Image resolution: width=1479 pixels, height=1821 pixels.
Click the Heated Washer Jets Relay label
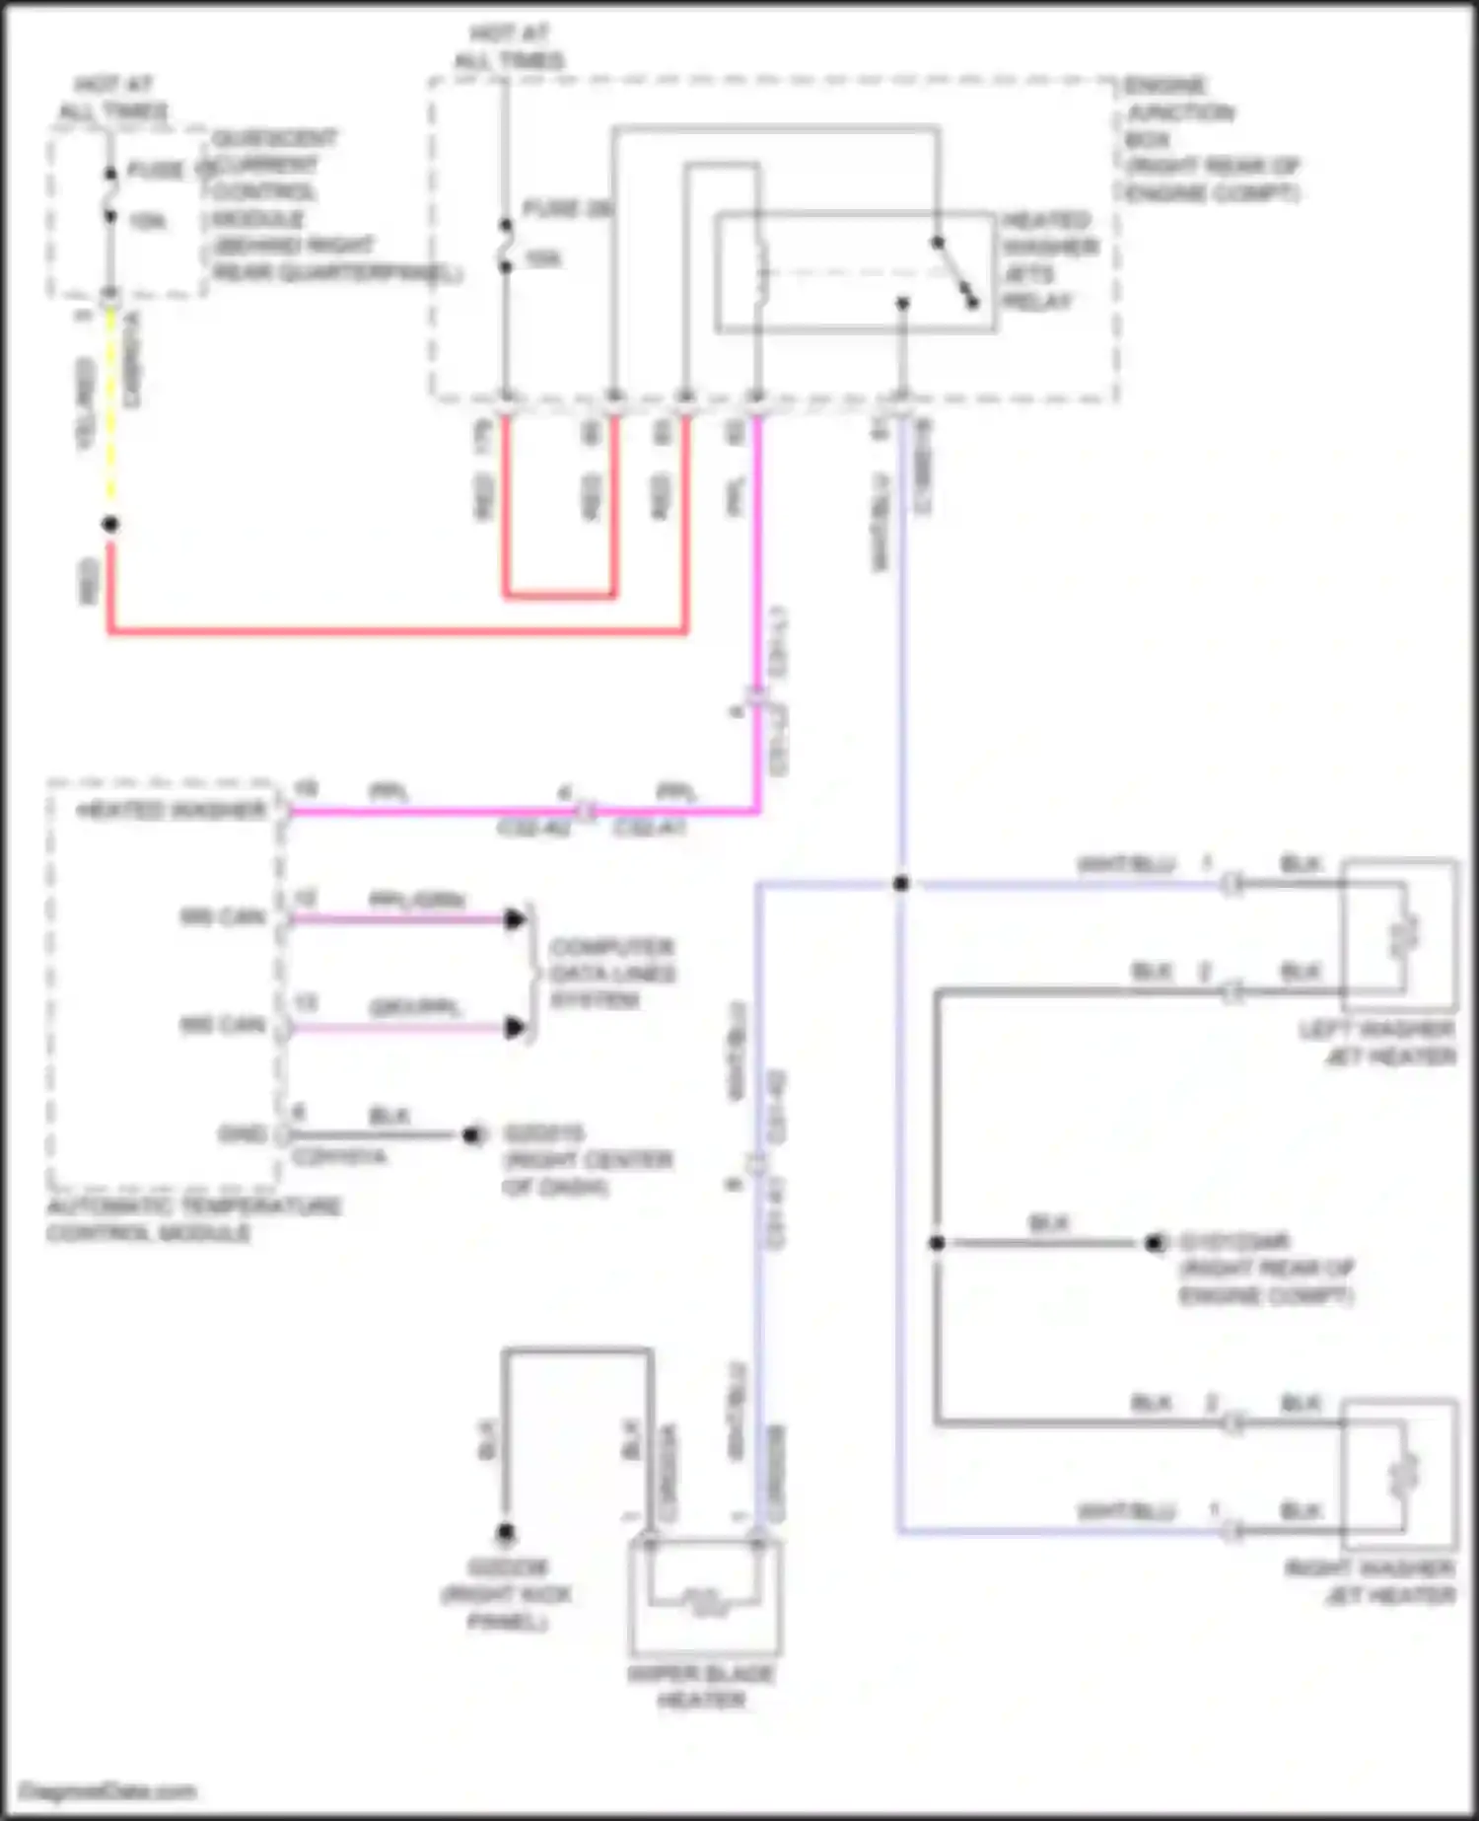pyautogui.click(x=1047, y=260)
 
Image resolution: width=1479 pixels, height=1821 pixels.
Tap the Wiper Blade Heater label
pyautogui.click(x=701, y=1686)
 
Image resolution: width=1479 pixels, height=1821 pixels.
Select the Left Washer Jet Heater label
pyautogui.click(x=1377, y=1044)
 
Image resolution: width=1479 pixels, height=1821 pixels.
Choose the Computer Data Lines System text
pyautogui.click(x=611, y=974)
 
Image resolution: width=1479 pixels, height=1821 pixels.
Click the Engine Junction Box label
pyautogui.click(x=1211, y=139)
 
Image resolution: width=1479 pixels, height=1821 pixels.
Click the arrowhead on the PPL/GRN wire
pyautogui.click(x=514, y=919)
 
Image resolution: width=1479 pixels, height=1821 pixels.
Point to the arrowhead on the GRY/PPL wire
pyautogui.click(x=514, y=1028)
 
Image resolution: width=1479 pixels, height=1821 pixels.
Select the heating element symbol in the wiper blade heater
pyautogui.click(x=701, y=1601)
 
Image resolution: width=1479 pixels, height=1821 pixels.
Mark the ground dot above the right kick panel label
pyautogui.click(x=505, y=1532)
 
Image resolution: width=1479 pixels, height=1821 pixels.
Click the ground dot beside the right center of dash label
pyautogui.click(x=472, y=1135)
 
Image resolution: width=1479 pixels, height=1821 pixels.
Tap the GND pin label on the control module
pyautogui.click(x=241, y=1134)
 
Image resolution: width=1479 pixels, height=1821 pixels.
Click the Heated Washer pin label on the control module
pyautogui.click(x=172, y=811)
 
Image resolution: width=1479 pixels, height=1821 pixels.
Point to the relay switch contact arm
pyautogui.click(x=955, y=272)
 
